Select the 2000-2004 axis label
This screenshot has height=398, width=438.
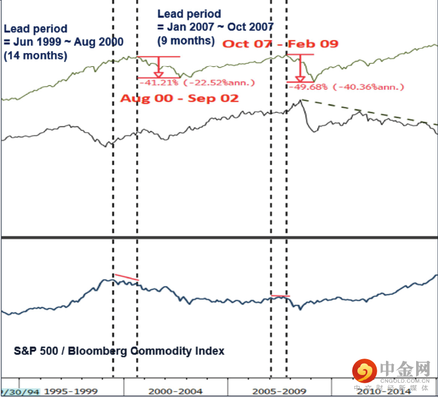(175, 391)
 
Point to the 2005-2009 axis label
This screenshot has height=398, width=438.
(280, 391)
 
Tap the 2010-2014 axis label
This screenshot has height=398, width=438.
(383, 391)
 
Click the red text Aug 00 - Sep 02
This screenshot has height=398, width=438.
(179, 98)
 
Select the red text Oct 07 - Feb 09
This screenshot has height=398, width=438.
(280, 43)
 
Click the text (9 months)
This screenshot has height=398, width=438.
(185, 40)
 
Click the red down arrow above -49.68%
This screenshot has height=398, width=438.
(299, 69)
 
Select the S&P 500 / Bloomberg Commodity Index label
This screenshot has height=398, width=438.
(119, 351)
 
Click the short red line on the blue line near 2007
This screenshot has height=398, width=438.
(280, 296)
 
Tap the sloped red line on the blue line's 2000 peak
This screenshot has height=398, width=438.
(126, 277)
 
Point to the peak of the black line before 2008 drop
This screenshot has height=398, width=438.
(300, 100)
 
